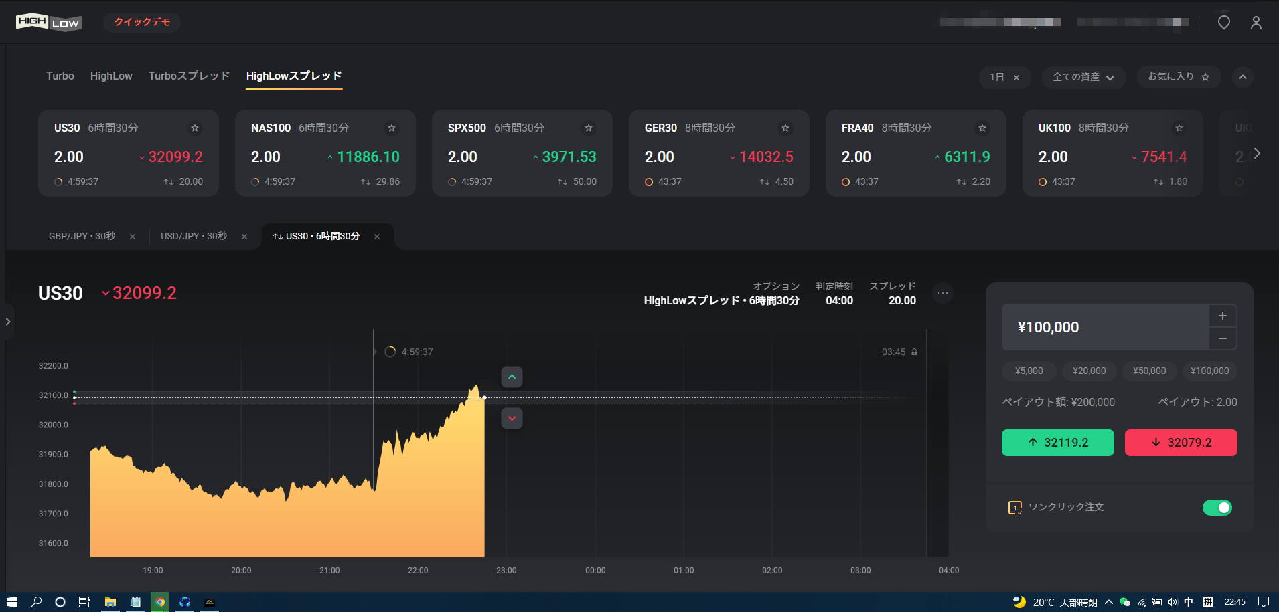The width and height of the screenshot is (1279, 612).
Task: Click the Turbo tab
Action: pyautogui.click(x=60, y=76)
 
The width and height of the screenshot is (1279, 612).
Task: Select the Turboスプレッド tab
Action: pyautogui.click(x=189, y=76)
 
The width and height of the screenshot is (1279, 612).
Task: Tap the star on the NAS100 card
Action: pyautogui.click(x=392, y=128)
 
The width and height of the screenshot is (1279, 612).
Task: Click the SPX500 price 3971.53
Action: pyautogui.click(x=569, y=157)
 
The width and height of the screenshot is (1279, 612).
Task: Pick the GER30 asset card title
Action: pyautogui.click(x=660, y=128)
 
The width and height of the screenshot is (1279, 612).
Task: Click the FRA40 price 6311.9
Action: pyautogui.click(x=966, y=157)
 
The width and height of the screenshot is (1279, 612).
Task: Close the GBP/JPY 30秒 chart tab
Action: pyautogui.click(x=133, y=237)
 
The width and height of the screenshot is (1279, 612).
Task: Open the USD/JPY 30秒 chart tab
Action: pyautogui.click(x=194, y=236)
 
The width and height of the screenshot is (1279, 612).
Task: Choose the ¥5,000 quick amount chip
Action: pyautogui.click(x=1029, y=371)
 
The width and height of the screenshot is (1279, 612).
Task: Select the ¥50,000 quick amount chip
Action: pyautogui.click(x=1149, y=371)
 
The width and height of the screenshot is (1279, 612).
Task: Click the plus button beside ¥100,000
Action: pyautogui.click(x=1222, y=316)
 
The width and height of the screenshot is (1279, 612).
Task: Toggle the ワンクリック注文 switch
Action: pyautogui.click(x=1217, y=508)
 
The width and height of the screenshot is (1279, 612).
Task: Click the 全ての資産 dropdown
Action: pyautogui.click(x=1083, y=77)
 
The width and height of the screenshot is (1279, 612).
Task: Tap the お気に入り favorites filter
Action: pyautogui.click(x=1178, y=77)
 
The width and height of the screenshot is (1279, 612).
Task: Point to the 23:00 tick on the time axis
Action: pyautogui.click(x=506, y=571)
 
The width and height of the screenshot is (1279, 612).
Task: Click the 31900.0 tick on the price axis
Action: pyautogui.click(x=54, y=455)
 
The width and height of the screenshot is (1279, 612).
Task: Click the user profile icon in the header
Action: pyautogui.click(x=1256, y=23)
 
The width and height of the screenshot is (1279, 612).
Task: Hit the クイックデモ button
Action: pyautogui.click(x=142, y=22)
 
